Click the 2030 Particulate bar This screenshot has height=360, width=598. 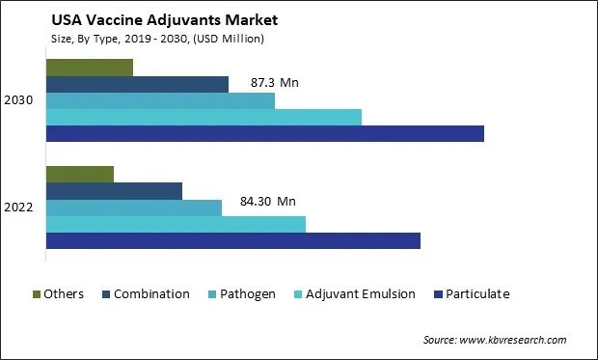click(264, 133)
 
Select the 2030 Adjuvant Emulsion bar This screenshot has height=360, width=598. click(204, 117)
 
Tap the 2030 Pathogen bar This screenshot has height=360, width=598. click(160, 100)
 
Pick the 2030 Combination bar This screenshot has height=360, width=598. click(137, 84)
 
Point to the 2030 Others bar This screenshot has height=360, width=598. click(89, 68)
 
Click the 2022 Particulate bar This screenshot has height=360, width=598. click(232, 240)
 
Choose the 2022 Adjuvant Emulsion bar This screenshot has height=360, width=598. click(176, 224)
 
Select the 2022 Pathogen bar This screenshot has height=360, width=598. click(134, 208)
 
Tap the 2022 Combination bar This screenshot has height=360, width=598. click(114, 191)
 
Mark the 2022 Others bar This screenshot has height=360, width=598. click(79, 175)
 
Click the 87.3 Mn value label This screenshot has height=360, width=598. click(274, 83)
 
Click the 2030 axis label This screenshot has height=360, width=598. click(20, 100)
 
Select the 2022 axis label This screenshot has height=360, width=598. click(20, 208)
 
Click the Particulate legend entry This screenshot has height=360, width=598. click(477, 293)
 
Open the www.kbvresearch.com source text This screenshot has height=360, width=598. click(512, 340)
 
